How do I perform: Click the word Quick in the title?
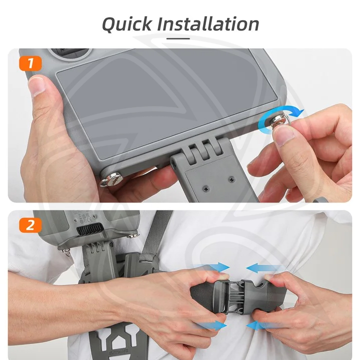click(x=126, y=24)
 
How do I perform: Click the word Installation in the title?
click(x=208, y=23)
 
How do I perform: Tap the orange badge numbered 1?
click(x=30, y=63)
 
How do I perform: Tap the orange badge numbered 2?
click(x=30, y=225)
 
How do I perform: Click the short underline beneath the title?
click(x=178, y=38)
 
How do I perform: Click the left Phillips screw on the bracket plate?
click(x=205, y=189)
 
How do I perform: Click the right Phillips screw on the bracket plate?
click(x=231, y=179)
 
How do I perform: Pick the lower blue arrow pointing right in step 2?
click(x=211, y=325)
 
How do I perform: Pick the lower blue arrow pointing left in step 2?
click(x=258, y=326)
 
